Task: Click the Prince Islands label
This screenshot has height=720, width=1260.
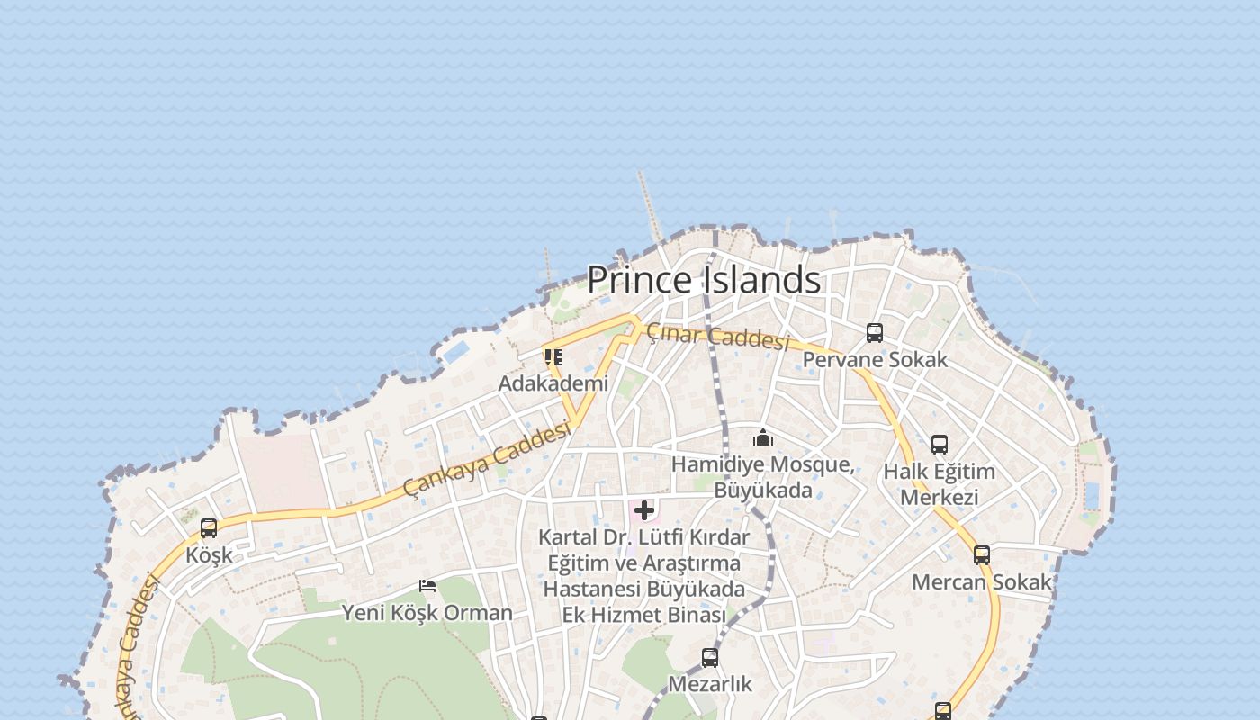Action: click(704, 280)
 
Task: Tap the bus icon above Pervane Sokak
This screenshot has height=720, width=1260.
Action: click(875, 333)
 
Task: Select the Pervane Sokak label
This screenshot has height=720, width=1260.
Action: click(875, 359)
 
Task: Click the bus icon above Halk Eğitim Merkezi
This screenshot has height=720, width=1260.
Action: click(940, 445)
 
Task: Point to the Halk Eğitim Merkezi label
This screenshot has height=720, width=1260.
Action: click(940, 484)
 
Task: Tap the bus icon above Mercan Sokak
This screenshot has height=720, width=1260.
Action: click(982, 555)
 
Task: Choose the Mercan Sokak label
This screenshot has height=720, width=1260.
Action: click(982, 582)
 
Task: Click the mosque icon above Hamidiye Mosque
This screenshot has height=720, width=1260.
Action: click(763, 438)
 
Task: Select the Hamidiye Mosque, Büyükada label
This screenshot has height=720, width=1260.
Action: click(763, 477)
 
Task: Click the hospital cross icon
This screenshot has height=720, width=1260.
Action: click(644, 511)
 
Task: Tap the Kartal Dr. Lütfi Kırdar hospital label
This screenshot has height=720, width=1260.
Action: click(643, 576)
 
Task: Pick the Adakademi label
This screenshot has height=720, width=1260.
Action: click(553, 383)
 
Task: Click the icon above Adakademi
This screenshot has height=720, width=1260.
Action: click(553, 357)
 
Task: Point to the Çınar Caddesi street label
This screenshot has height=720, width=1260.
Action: click(717, 337)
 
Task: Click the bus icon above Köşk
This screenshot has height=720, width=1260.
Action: click(209, 528)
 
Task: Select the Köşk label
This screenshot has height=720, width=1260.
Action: click(209, 555)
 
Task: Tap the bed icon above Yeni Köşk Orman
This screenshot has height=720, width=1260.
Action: click(427, 586)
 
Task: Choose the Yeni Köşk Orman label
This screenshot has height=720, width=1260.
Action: click(427, 613)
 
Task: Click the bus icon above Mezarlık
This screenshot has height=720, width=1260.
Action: click(710, 658)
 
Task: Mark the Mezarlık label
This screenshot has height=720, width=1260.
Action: click(710, 684)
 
